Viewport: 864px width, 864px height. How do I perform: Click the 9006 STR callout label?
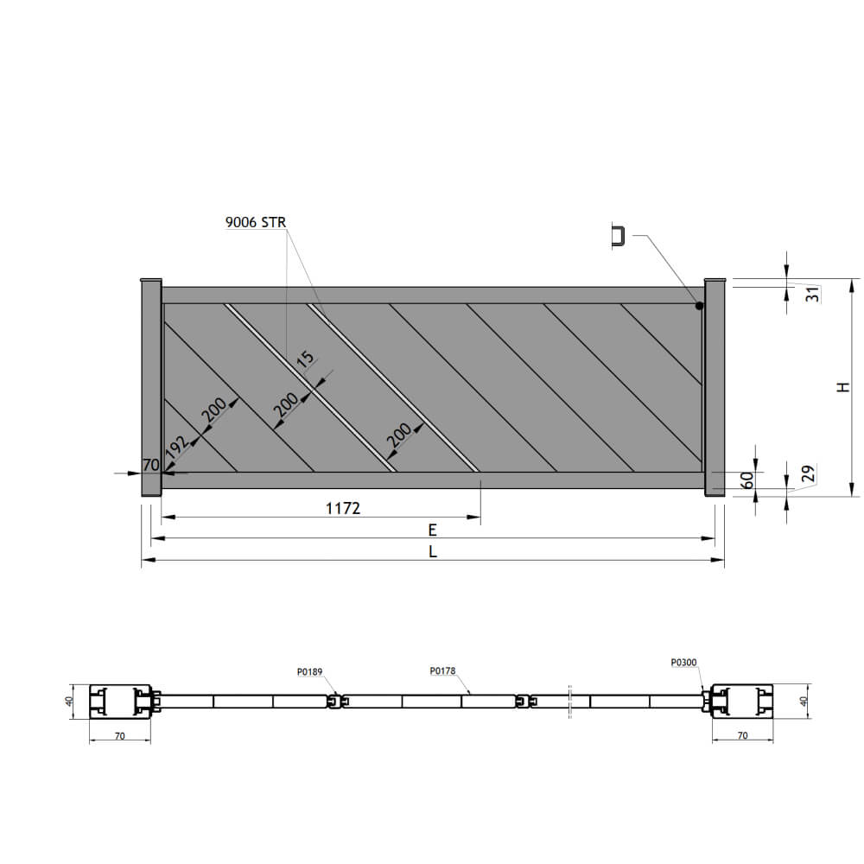[x=256, y=222]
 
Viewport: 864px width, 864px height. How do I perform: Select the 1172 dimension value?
[x=343, y=508]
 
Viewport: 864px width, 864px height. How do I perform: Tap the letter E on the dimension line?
[x=433, y=530]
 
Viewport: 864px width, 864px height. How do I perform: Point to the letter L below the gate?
[x=433, y=551]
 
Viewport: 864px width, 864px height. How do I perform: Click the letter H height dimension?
[x=843, y=387]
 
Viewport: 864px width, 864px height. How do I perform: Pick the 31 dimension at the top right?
[x=813, y=295]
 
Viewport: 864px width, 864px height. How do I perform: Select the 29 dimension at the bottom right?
[x=808, y=473]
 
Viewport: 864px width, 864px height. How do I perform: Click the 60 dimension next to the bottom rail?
[x=747, y=480]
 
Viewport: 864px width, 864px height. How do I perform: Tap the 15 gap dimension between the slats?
[x=305, y=359]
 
